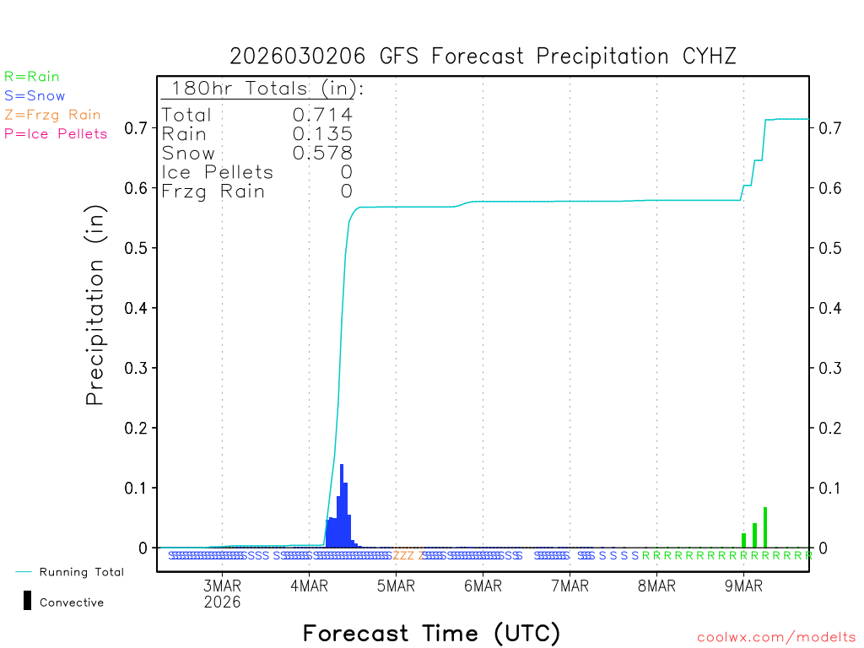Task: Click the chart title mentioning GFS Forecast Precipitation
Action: [x=483, y=57]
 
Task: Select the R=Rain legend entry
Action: [x=32, y=77]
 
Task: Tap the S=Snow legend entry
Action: [x=35, y=96]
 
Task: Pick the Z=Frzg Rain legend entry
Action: [x=52, y=115]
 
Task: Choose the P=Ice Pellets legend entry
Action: [x=56, y=133]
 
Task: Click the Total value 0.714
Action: [x=322, y=115]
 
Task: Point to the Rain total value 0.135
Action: [x=322, y=133]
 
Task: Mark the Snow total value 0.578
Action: [x=322, y=153]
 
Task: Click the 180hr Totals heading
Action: [x=262, y=89]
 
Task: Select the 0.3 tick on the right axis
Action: [x=829, y=368]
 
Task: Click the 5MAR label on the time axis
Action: [x=396, y=586]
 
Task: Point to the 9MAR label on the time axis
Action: [x=743, y=586]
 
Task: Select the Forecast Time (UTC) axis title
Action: [x=431, y=633]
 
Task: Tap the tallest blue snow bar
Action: [x=342, y=506]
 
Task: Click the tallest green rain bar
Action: [x=765, y=527]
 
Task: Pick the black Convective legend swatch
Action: [x=27, y=601]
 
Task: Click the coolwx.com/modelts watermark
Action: [x=776, y=638]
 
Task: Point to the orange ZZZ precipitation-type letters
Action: [x=404, y=555]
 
